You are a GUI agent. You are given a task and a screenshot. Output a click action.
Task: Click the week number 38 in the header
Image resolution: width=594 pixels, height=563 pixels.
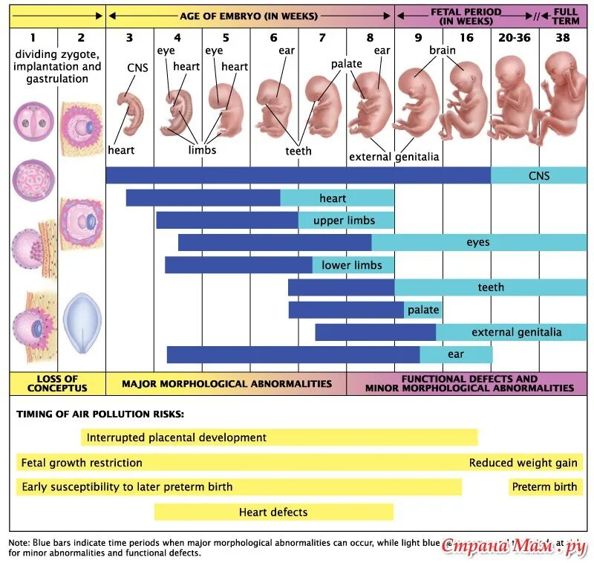(x=562, y=37)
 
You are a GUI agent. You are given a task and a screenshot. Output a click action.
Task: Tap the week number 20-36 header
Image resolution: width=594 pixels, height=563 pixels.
(x=514, y=37)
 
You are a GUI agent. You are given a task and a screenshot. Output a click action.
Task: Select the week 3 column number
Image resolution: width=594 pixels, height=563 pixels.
(x=129, y=37)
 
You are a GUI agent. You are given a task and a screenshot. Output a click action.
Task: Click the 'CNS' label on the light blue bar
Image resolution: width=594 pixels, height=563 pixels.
(x=539, y=176)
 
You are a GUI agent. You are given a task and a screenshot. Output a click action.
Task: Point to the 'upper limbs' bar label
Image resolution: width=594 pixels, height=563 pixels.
(x=344, y=221)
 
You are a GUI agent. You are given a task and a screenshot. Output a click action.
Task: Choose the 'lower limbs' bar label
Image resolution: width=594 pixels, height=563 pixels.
(x=352, y=265)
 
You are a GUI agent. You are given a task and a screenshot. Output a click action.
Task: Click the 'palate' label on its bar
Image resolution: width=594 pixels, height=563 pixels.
(x=423, y=310)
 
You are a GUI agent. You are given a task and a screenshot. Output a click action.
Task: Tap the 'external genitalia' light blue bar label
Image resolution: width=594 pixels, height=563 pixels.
(x=517, y=332)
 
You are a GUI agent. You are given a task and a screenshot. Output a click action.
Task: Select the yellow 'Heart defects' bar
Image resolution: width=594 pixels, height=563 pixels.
(x=273, y=512)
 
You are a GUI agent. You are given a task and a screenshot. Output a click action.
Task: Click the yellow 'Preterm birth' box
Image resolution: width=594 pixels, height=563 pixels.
(x=544, y=487)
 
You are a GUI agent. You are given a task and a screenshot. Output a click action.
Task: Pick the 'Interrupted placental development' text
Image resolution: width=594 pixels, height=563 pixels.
(x=177, y=437)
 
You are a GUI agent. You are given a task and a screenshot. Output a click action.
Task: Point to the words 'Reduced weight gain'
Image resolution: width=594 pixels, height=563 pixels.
(x=523, y=463)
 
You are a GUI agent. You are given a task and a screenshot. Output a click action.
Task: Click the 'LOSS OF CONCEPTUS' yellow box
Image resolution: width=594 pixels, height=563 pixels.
(x=57, y=383)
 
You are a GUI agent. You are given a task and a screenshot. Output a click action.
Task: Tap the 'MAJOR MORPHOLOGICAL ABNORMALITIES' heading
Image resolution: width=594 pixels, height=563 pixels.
(x=226, y=384)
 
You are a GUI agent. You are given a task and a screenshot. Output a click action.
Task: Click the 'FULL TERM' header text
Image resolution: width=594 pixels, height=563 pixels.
(x=565, y=16)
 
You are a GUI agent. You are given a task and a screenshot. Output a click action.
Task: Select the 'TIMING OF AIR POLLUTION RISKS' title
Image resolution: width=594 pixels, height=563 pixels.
(x=100, y=414)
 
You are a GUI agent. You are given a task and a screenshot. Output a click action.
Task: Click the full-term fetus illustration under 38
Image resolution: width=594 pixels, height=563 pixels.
(x=562, y=93)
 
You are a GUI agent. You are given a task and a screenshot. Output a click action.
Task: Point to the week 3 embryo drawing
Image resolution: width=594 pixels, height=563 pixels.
(x=133, y=111)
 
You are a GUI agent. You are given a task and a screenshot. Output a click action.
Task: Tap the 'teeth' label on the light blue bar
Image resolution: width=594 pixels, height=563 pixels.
(x=491, y=287)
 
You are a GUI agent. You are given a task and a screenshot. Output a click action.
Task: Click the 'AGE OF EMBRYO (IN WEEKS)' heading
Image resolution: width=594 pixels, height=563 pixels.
(x=249, y=16)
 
